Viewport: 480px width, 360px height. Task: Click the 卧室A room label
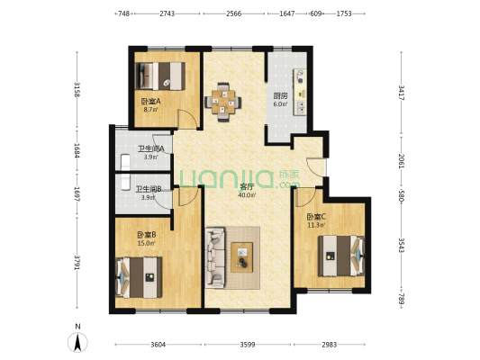(151, 101)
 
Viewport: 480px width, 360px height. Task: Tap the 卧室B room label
(147, 235)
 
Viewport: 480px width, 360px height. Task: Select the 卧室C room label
(316, 217)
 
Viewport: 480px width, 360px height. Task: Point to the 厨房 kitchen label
(280, 96)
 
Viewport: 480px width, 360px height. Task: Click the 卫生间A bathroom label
(151, 149)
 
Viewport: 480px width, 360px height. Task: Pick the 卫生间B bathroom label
(149, 189)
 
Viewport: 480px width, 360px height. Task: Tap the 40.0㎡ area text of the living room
(247, 194)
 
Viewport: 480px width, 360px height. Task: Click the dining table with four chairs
(222, 103)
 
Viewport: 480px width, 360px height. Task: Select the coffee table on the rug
(242, 257)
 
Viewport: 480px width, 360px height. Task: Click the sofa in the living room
(215, 257)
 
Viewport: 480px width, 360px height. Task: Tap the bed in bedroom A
(160, 76)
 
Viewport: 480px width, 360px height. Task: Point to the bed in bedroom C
(341, 256)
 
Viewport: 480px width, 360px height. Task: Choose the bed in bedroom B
(139, 277)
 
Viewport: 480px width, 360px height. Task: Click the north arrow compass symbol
(77, 342)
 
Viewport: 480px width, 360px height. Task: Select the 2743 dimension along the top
(168, 13)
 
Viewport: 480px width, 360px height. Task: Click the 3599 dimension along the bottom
(248, 345)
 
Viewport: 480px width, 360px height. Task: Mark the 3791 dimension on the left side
(77, 263)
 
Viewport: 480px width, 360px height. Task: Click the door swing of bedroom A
(188, 119)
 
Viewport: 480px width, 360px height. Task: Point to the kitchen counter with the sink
(300, 92)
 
